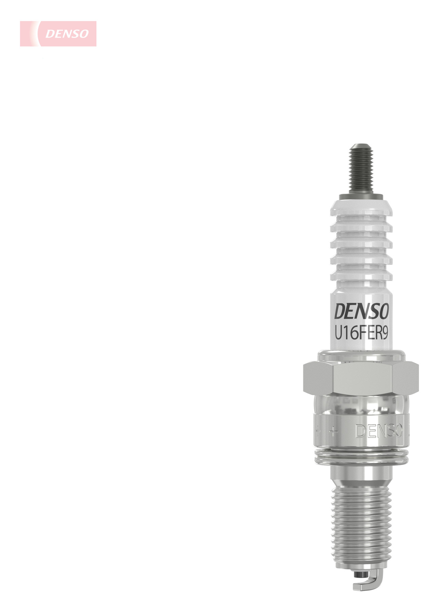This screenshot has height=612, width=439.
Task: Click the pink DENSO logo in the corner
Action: click(58, 34)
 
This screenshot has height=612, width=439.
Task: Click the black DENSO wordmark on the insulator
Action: click(361, 311)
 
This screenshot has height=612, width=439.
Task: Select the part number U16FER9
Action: click(361, 334)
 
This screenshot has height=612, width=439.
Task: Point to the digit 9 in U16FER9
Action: click(385, 334)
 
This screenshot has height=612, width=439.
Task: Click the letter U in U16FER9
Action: click(338, 334)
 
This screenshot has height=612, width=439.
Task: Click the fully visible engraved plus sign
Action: click(334, 431)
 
